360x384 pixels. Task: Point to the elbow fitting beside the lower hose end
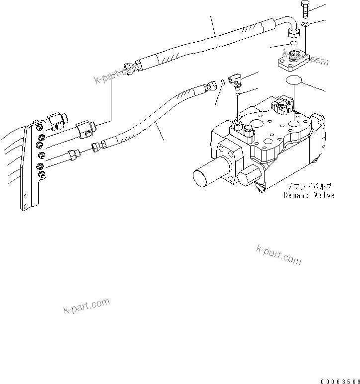click(235, 79)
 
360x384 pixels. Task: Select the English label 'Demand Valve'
click(309, 195)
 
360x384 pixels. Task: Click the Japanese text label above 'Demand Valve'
click(309, 187)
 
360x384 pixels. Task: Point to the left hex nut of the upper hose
click(131, 68)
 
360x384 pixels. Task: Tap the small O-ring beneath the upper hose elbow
click(293, 44)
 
